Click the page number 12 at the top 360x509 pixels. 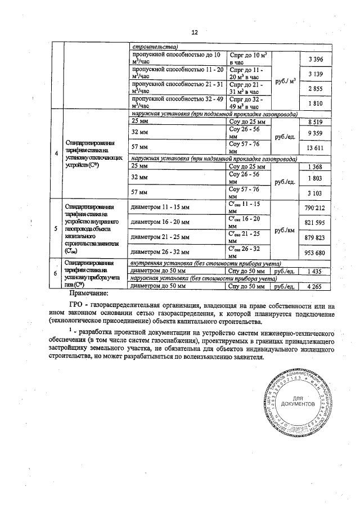195,32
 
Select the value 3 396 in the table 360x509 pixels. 317,60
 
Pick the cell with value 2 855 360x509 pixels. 317,89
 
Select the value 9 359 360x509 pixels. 317,133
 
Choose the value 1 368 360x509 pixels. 317,166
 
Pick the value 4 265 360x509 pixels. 317,286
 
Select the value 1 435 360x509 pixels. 317,271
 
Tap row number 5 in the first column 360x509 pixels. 55,229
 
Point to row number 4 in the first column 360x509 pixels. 55,154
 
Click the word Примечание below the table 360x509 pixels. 92,293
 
